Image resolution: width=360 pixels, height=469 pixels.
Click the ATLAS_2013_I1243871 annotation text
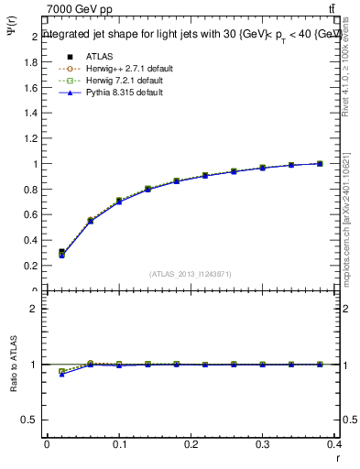(x=190, y=274)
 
